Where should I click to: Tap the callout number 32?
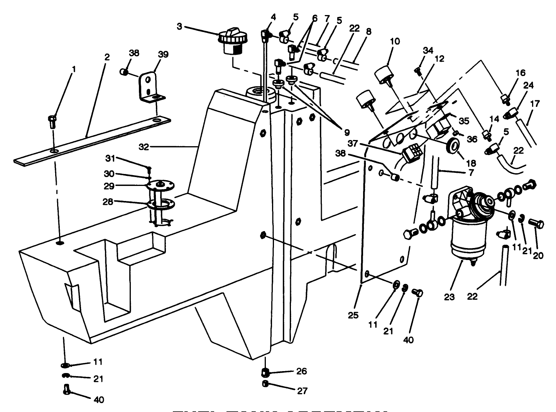coord(144,147)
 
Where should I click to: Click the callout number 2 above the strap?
coord(107,57)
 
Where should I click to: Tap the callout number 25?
coord(353,315)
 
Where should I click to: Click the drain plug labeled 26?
coord(265,373)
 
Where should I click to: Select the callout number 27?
coord(303,391)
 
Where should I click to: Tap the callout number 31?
coord(111,158)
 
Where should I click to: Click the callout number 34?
coord(428,50)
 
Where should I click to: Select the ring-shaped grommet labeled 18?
coord(453,147)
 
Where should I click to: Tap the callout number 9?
coord(346,132)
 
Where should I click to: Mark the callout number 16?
coord(520,73)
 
